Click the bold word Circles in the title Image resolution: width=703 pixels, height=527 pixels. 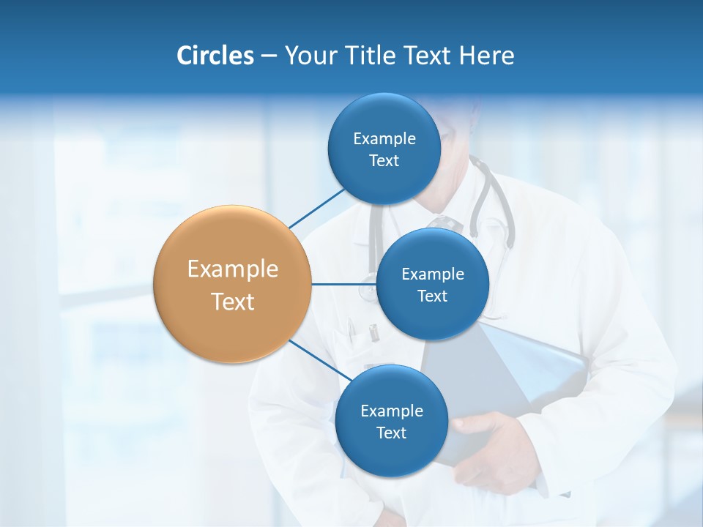[215, 56]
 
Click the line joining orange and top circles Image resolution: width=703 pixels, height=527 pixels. [316, 208]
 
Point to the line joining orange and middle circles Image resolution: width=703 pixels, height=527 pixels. [343, 284]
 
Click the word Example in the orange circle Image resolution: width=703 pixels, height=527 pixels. [233, 269]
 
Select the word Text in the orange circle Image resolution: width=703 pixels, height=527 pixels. [233, 302]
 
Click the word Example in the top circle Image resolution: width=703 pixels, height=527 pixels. [384, 139]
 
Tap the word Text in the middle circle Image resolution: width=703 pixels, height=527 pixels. [432, 296]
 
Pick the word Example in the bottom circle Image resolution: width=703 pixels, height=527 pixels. [391, 411]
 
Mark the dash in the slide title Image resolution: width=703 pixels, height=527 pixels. [269, 56]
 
